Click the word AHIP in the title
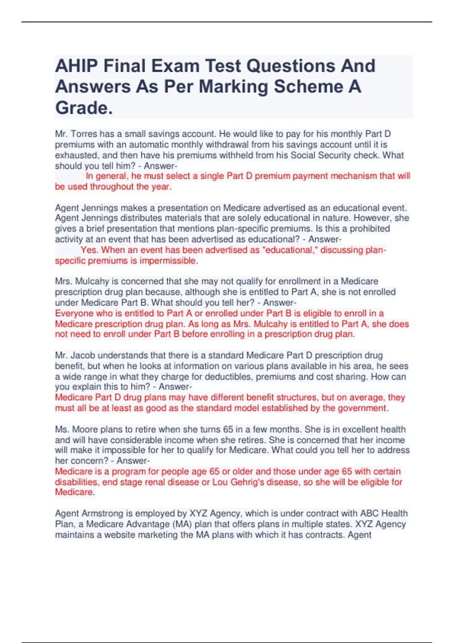pyautogui.click(x=76, y=66)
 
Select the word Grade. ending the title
pyautogui.click(x=84, y=108)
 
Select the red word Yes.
pyautogui.click(x=89, y=250)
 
